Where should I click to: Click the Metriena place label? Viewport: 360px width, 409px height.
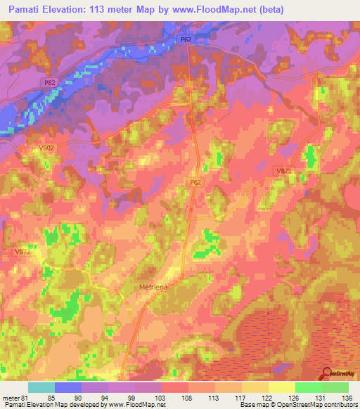(x=150, y=287)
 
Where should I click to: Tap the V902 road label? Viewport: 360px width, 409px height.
(x=46, y=148)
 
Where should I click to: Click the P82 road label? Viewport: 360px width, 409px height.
(x=49, y=82)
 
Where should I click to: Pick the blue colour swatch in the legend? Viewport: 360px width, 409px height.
(x=68, y=387)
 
